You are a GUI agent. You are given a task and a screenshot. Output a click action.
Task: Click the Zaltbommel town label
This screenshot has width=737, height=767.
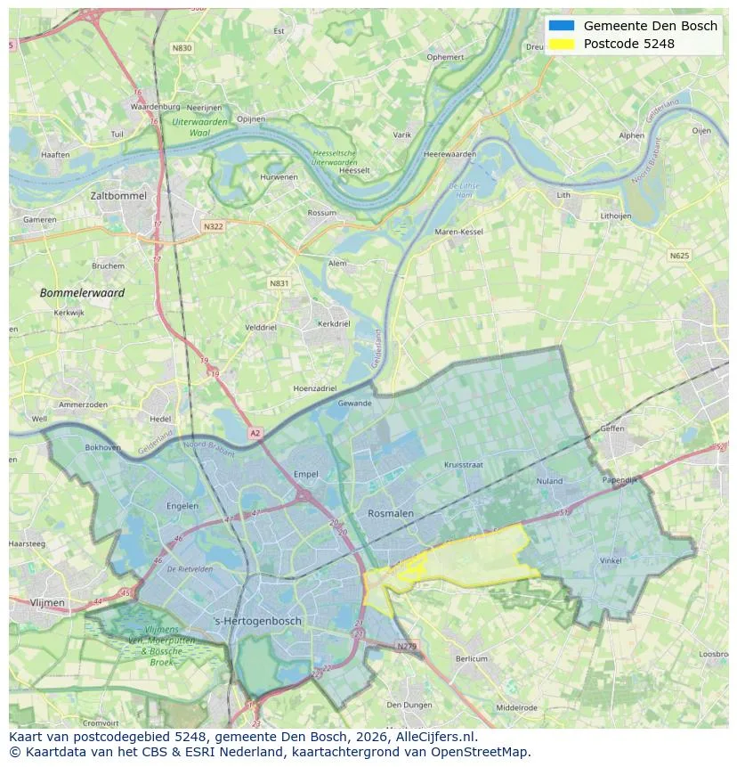pos(117,195)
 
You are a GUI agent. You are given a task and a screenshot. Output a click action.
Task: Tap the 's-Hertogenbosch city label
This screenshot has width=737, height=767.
pos(258,621)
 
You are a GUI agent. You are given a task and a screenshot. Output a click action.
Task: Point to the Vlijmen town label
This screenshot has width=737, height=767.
pos(48,603)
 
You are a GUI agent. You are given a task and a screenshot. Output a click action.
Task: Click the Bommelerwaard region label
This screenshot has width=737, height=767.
pos(82,292)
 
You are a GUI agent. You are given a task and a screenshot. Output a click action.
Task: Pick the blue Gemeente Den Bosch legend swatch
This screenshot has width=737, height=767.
pos(562,26)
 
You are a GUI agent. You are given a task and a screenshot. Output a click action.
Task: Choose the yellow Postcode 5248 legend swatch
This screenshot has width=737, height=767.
pos(562,44)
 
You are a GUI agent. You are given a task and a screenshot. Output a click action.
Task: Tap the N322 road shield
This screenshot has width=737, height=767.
pos(213,226)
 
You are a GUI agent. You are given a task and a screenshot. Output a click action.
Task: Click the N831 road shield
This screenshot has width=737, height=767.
pos(279,283)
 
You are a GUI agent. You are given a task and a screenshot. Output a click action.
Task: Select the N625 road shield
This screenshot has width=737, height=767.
pos(679,256)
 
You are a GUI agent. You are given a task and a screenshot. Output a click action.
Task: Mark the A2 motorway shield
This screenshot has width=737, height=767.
pos(255,433)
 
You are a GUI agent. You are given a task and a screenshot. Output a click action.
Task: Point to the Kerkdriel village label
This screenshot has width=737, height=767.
pos(334,324)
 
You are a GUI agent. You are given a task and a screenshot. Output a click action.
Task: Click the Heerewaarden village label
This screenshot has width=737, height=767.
pos(449,154)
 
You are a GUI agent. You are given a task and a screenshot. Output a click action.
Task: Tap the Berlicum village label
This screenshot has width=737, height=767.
pos(471,658)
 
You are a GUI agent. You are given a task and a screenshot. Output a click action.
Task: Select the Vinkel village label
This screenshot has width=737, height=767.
pos(611,560)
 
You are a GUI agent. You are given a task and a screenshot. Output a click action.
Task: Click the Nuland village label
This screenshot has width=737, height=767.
pos(549,481)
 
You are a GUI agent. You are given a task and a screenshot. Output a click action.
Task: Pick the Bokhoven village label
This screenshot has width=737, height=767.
pos(102,447)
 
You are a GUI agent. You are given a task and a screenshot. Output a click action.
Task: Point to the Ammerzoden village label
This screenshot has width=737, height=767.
pos(84,404)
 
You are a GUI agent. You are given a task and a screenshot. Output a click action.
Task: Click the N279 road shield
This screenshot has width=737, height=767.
pos(406,646)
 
